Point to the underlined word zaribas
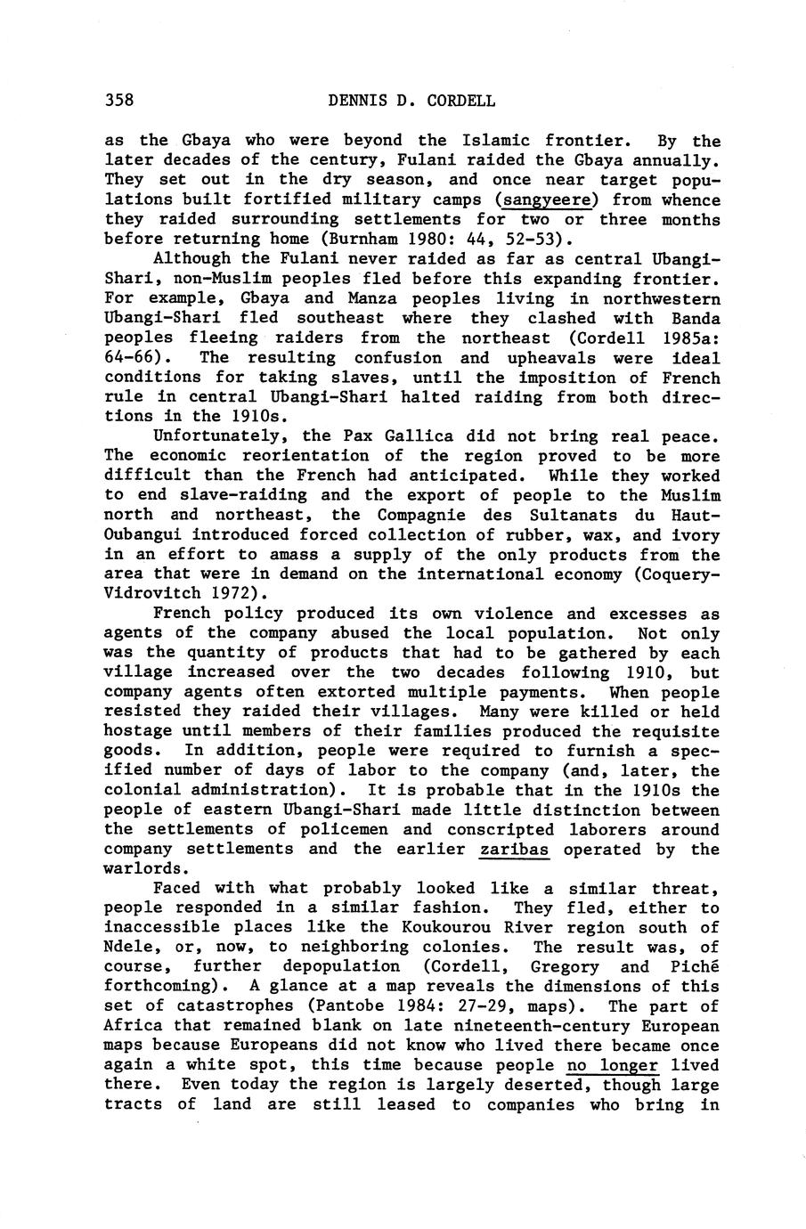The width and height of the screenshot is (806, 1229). (514, 849)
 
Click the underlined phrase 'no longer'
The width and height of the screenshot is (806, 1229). (612, 1065)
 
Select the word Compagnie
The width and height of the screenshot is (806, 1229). (419, 515)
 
